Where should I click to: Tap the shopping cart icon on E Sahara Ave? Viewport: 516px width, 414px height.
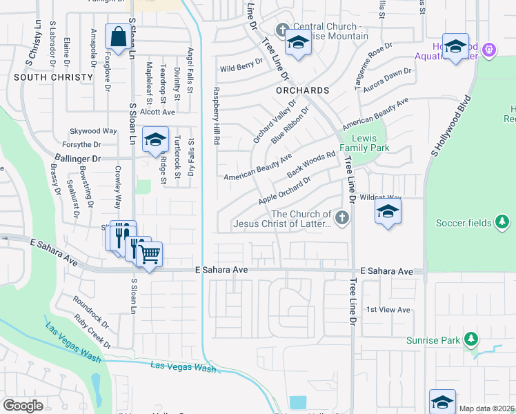(149, 254)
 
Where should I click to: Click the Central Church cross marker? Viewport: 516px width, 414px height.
(281, 30)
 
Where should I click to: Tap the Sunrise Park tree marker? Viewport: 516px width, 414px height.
(471, 339)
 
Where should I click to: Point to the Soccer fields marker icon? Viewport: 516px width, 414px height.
(504, 222)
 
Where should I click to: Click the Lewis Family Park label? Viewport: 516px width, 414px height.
(366, 143)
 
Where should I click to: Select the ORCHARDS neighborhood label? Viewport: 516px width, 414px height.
(302, 90)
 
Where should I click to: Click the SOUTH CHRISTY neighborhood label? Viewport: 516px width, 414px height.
(53, 77)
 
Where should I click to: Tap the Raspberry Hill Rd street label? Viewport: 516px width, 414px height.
(216, 116)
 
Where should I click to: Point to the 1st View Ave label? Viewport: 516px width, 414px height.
(388, 310)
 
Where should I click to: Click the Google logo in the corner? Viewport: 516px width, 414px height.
(23, 406)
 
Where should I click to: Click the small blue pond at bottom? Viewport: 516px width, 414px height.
(298, 402)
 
